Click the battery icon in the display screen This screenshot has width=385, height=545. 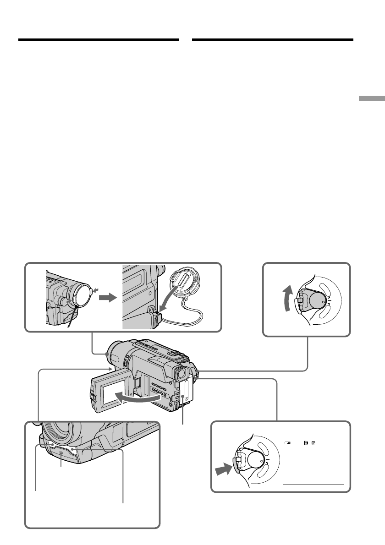click(287, 443)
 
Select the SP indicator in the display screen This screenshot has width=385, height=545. click(313, 443)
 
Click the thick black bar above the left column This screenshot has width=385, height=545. click(99, 40)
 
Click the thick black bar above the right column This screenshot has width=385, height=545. click(273, 40)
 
